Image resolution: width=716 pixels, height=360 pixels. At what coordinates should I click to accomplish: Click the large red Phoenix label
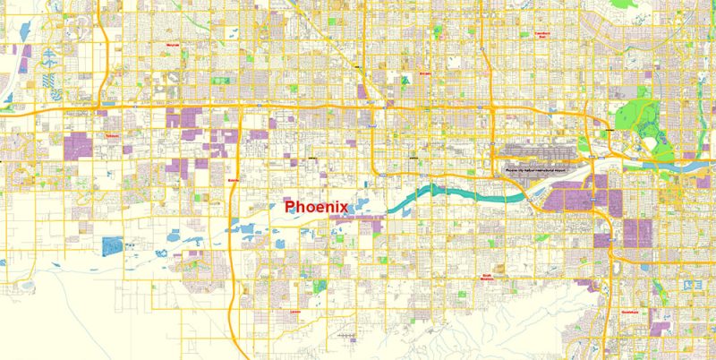(x=315, y=206)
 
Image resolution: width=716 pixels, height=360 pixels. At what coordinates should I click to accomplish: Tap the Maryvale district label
(x=174, y=44)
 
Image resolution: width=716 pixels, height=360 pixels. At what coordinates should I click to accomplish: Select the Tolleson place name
(x=112, y=136)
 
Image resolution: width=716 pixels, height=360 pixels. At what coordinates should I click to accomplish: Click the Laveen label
(x=296, y=312)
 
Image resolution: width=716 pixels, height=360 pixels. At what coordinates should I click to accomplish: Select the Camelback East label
(x=542, y=33)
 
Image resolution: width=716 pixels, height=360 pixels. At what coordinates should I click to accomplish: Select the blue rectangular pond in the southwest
(x=113, y=243)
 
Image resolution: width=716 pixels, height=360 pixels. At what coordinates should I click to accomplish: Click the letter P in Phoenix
(x=289, y=206)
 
